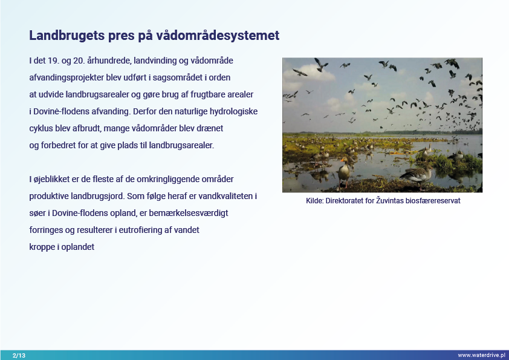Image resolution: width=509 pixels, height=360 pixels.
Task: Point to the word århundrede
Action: click(109, 61)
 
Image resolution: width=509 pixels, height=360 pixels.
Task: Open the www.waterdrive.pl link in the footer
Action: click(481, 355)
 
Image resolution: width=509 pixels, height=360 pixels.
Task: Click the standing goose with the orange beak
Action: click(344, 171)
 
